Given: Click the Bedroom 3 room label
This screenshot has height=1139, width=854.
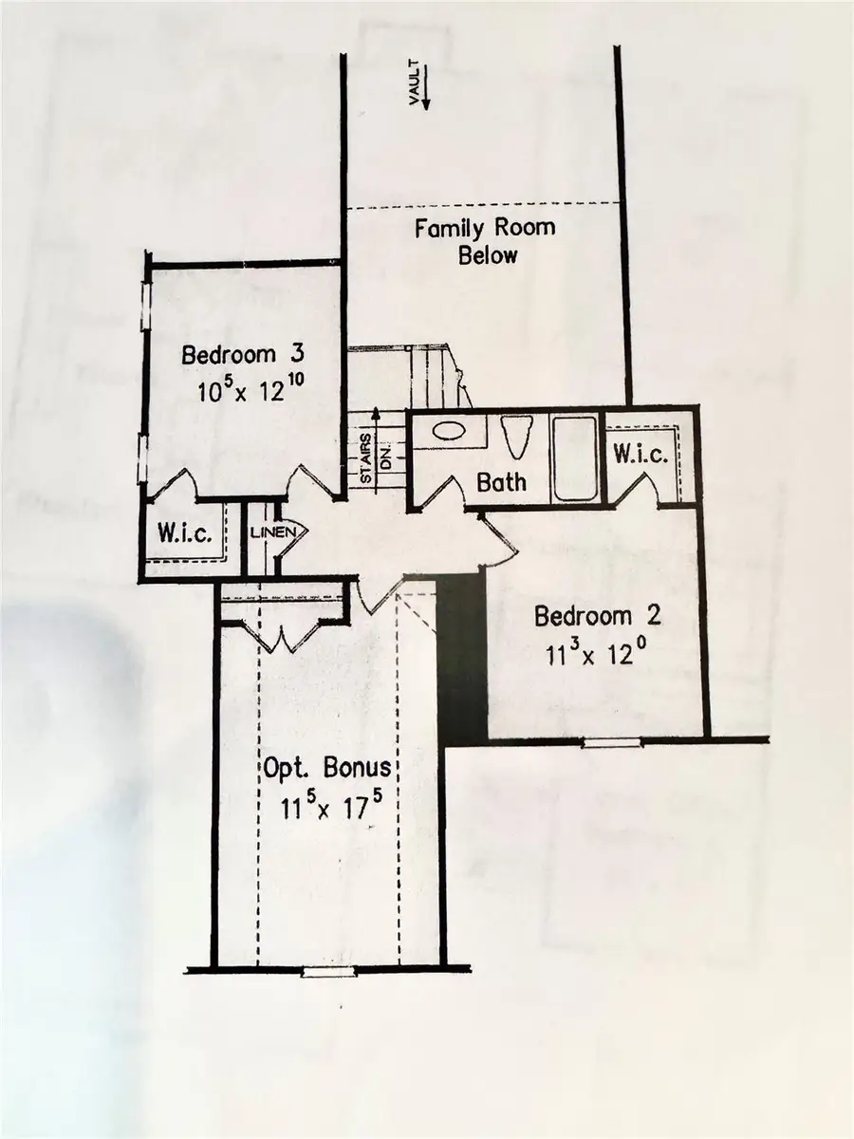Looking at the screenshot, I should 243,356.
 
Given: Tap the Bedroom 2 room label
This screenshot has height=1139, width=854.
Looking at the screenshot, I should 597,616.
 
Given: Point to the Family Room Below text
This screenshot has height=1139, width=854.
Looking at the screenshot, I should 485,241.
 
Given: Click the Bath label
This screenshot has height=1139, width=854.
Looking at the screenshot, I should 501,482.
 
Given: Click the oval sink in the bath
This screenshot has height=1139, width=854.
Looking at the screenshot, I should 449,431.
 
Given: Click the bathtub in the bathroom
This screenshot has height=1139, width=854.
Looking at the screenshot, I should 575,458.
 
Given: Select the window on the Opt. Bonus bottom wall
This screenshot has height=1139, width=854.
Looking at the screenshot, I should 327,971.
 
